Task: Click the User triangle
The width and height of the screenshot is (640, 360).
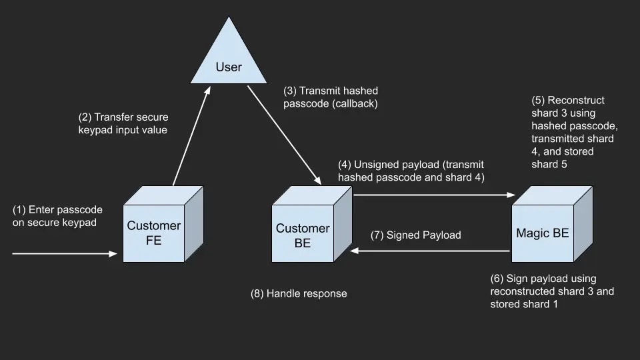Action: pos(229,63)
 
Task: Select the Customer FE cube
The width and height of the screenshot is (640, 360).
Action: pos(154,230)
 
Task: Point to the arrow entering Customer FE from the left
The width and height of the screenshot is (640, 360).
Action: pos(64,253)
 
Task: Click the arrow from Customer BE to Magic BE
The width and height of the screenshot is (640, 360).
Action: pos(434,195)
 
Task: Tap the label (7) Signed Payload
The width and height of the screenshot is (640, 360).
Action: pos(415,235)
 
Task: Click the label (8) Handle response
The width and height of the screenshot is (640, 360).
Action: pos(298,293)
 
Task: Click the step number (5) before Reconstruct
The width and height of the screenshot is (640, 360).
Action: pos(537,100)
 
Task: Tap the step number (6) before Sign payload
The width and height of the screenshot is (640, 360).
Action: pos(497,278)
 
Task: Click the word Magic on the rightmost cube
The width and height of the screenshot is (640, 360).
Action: pos(531,233)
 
